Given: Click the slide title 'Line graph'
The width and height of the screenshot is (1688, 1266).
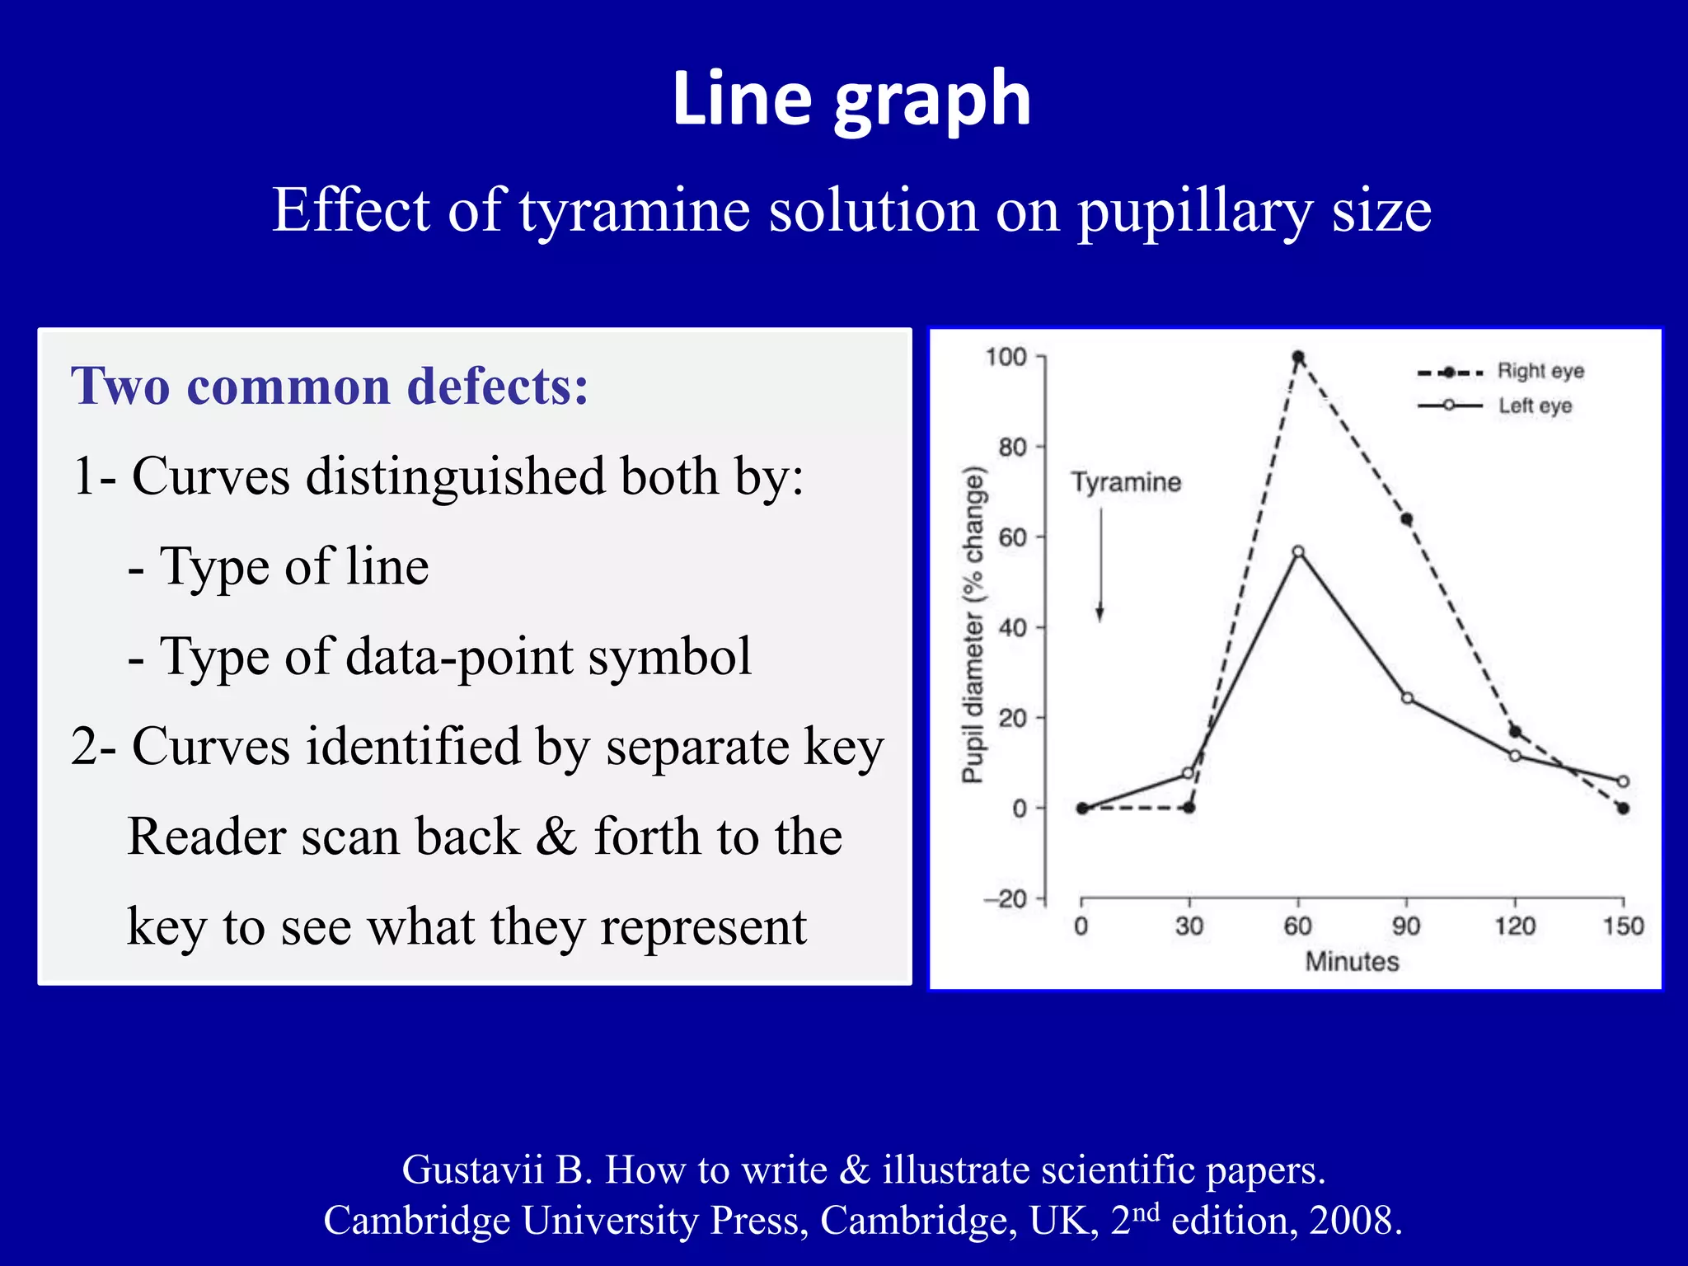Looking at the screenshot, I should click(851, 100).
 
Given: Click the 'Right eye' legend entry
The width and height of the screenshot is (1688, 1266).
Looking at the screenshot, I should click(1540, 371).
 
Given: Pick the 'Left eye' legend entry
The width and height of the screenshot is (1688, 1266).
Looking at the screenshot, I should click(1535, 406).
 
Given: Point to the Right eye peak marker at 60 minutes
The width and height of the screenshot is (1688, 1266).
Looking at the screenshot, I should click(1298, 358).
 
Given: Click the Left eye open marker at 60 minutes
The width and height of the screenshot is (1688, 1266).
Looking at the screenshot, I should click(1298, 551).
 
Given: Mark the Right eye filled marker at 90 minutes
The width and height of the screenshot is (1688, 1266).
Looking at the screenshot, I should click(1407, 519).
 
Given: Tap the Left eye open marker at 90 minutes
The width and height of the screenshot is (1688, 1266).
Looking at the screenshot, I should click(1407, 698).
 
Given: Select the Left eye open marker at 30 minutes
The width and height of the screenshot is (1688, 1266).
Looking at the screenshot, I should click(1189, 773).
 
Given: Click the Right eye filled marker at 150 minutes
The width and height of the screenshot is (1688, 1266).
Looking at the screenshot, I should click(1623, 809).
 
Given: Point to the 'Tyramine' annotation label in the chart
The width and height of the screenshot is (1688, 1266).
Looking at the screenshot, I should click(1125, 482).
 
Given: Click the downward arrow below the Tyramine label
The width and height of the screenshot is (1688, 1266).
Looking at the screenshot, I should click(1100, 569).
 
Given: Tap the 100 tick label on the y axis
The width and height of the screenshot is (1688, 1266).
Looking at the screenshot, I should click(1006, 357).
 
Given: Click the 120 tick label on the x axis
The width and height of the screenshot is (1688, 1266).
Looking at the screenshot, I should click(1515, 926).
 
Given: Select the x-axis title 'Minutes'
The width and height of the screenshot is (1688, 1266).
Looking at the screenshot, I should click(1352, 962).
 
